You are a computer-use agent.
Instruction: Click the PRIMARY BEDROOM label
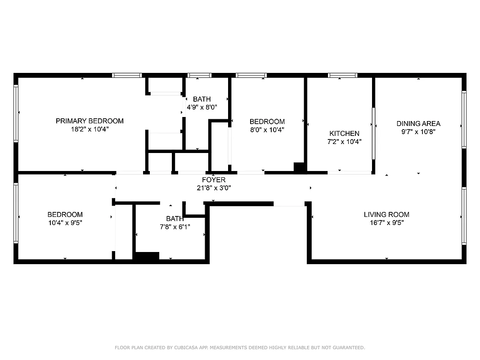(x=90, y=121)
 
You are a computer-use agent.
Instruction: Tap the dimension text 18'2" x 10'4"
(x=90, y=129)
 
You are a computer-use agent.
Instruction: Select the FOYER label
(x=214, y=180)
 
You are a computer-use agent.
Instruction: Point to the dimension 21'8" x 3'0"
(x=214, y=188)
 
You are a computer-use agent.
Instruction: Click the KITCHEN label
(x=344, y=133)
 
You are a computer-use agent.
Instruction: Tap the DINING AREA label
(x=418, y=123)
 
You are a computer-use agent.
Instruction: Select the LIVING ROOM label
(x=386, y=214)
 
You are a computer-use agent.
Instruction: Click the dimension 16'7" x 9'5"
(x=386, y=222)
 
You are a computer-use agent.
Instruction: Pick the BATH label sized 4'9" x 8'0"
(x=202, y=99)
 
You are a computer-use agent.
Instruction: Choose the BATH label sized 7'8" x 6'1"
(x=175, y=219)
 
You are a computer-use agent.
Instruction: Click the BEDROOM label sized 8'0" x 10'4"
(x=267, y=121)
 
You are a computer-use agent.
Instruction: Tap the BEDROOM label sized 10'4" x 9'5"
(x=65, y=214)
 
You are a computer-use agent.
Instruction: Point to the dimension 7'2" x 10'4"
(x=344, y=141)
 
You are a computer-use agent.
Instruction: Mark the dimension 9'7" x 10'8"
(x=418, y=132)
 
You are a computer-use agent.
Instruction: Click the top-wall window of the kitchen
(x=342, y=75)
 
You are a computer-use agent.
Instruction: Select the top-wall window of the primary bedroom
(x=127, y=75)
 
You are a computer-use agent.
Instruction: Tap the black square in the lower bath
(x=147, y=256)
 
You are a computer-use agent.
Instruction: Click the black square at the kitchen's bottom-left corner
(x=300, y=167)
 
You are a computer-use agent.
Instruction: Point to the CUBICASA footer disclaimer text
(x=240, y=347)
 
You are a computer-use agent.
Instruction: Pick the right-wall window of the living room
(x=464, y=216)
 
